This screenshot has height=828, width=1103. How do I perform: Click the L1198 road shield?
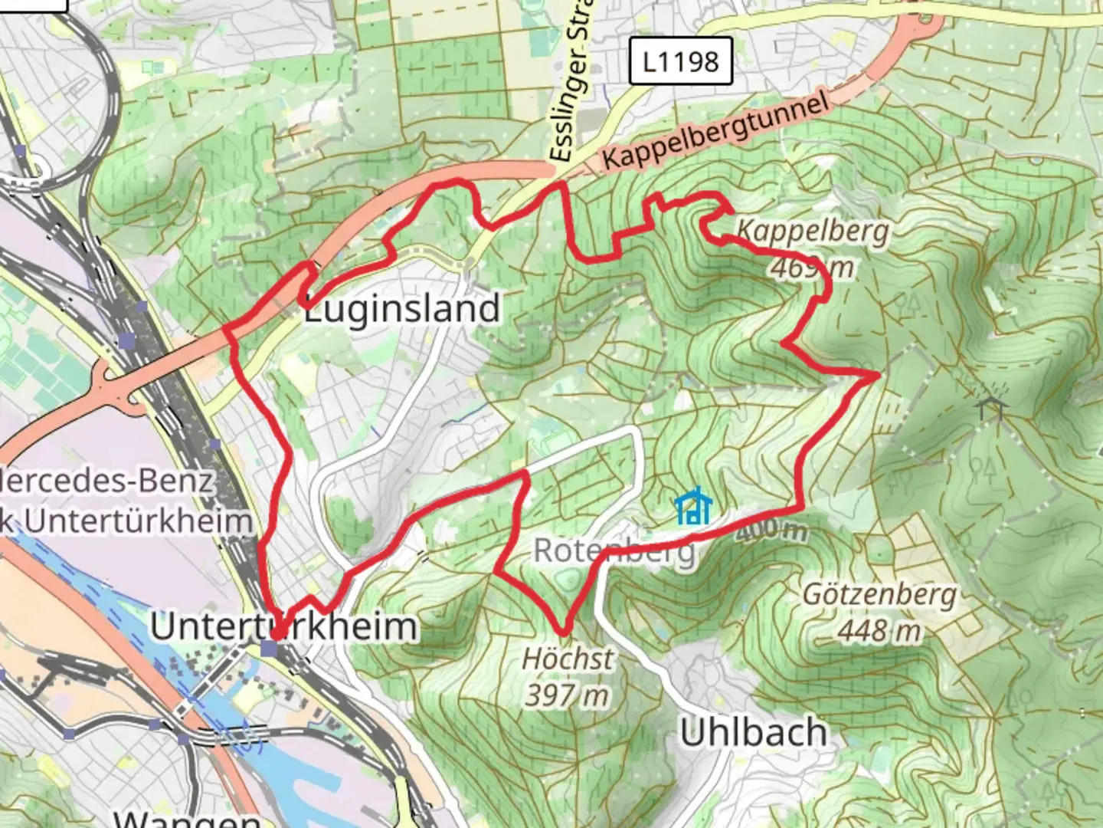(x=680, y=61)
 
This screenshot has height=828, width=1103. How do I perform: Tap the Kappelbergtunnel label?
(x=715, y=132)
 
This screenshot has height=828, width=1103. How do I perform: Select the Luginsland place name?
(x=402, y=308)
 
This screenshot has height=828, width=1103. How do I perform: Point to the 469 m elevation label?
(x=812, y=268)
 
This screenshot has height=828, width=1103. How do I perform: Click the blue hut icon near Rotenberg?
(x=693, y=507)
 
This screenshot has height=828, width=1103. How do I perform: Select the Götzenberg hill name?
(x=879, y=594)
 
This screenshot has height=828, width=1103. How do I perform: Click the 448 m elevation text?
(x=879, y=631)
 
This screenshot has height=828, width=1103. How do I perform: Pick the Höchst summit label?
(x=568, y=658)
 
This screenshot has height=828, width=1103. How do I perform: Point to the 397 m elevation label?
(x=567, y=695)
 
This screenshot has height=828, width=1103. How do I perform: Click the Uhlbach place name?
(x=754, y=732)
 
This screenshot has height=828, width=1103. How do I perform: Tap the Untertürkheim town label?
(x=283, y=626)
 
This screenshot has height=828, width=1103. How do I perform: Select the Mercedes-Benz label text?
(x=107, y=481)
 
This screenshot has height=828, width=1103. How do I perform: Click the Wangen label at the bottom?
(x=188, y=818)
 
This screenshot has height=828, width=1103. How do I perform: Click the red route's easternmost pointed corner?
(x=876, y=374)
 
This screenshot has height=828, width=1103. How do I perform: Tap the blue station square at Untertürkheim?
(x=269, y=649)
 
